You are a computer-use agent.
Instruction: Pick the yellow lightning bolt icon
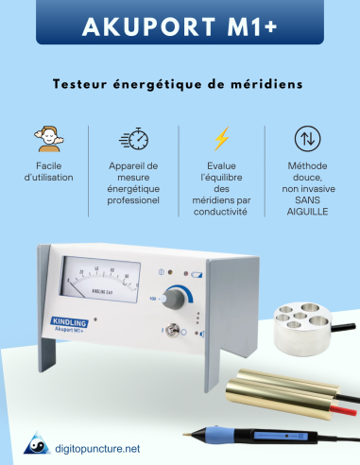(221, 139)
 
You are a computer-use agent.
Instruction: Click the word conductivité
(221, 213)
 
